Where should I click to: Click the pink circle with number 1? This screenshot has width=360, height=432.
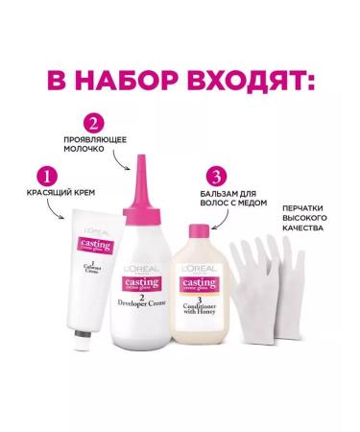coord(42,178)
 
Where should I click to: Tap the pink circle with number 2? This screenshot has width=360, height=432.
coord(92,123)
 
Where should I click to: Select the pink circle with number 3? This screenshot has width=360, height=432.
coord(220,177)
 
